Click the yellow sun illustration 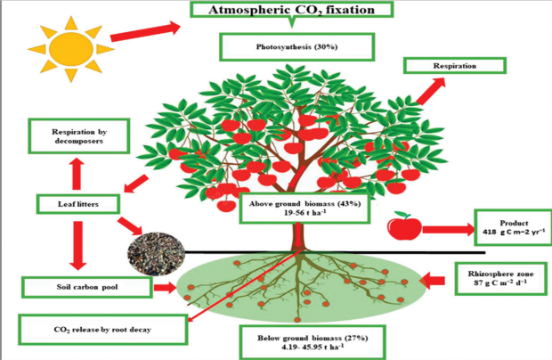[71, 49]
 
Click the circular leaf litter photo [156, 253]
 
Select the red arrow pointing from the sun [145, 31]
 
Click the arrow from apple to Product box [449, 230]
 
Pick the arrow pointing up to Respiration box [431, 91]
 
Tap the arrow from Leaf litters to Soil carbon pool [77, 246]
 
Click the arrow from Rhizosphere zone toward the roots [433, 281]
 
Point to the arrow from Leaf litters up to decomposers [77, 174]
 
